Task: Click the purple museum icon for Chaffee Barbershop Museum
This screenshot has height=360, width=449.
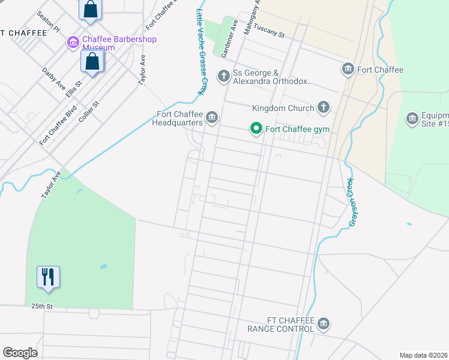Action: [73, 42]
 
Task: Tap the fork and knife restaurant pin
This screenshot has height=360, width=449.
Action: [49, 277]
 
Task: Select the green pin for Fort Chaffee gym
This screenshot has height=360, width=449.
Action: [256, 129]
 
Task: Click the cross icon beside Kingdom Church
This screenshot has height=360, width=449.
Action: [323, 108]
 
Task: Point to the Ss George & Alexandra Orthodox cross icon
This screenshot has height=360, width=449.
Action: [223, 76]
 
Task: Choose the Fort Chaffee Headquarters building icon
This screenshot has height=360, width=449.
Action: [211, 118]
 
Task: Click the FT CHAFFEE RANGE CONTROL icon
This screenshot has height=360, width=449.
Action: [324, 325]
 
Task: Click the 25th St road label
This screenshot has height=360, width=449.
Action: [43, 306]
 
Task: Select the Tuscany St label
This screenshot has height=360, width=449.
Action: [268, 31]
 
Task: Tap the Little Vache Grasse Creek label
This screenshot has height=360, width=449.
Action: [201, 50]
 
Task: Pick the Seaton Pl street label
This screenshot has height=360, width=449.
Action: [49, 22]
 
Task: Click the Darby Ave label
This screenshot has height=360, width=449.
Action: [53, 79]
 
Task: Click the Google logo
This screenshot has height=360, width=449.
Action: [20, 352]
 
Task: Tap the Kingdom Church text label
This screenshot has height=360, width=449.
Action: [283, 108]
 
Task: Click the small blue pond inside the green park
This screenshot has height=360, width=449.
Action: [104, 266]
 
